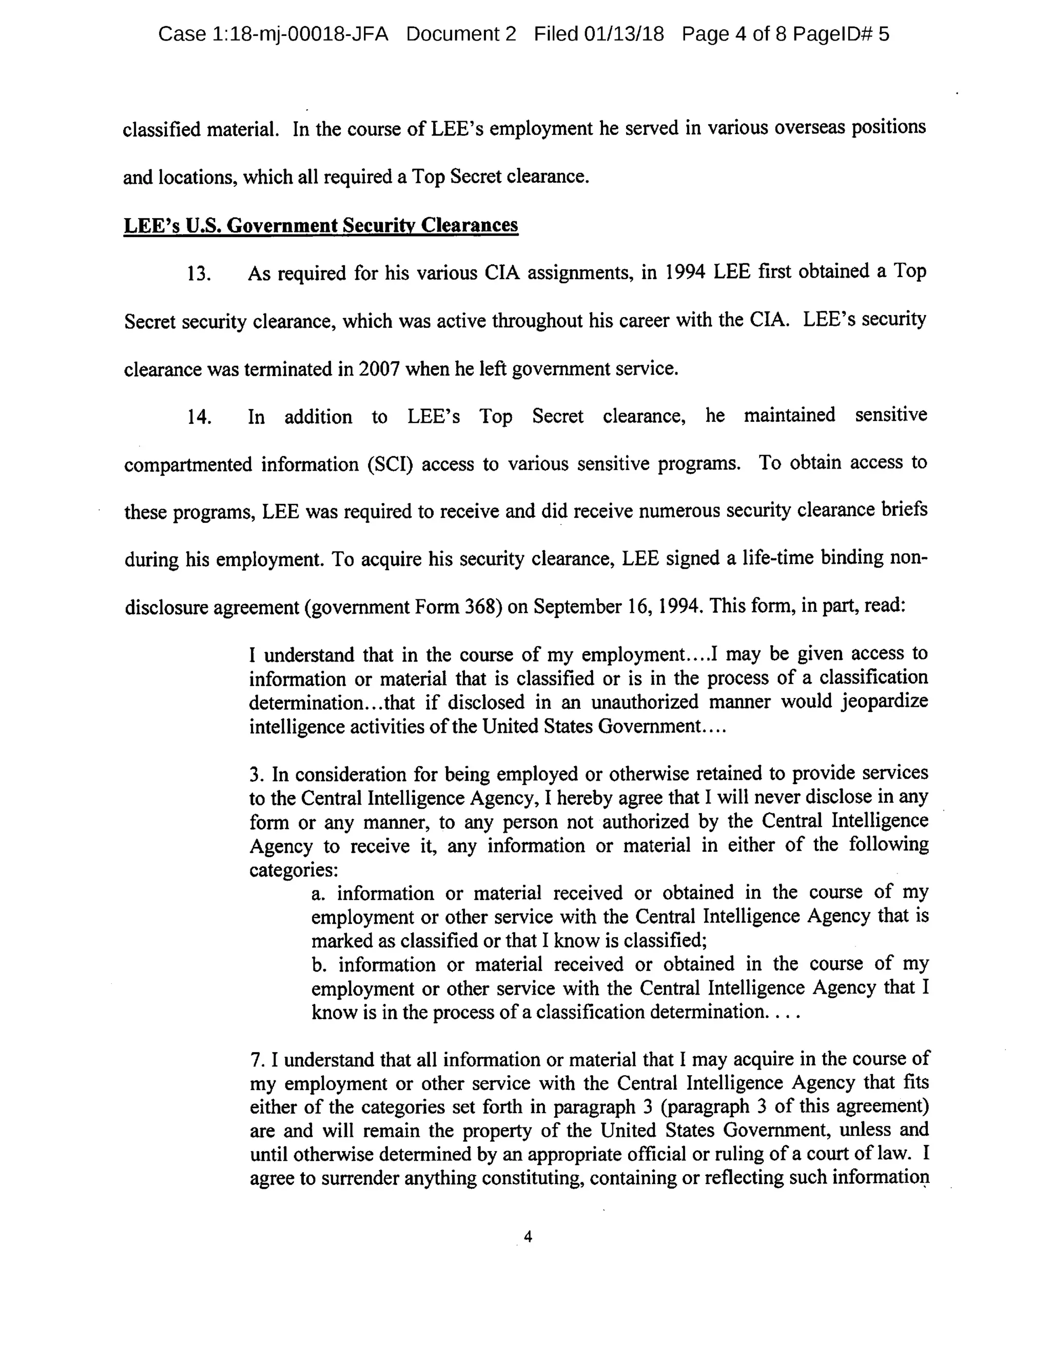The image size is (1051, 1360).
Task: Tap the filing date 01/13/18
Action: point(624,34)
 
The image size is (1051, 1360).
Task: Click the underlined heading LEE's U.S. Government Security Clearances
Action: point(321,225)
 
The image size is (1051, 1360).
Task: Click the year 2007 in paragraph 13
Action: point(379,370)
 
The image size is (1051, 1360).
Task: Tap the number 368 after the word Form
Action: point(480,607)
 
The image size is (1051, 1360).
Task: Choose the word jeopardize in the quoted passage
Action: point(884,702)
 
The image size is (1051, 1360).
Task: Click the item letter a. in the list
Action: point(318,893)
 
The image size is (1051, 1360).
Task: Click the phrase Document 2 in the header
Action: point(461,34)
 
